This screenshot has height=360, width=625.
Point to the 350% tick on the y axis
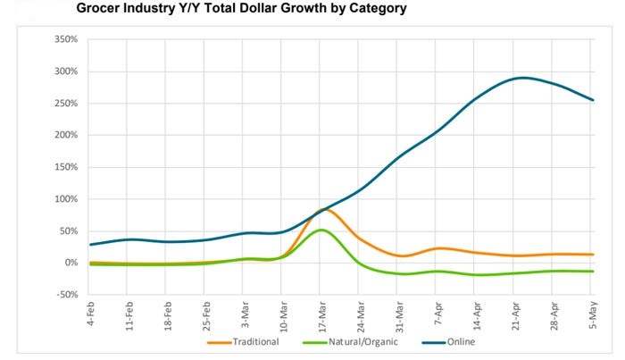(66, 40)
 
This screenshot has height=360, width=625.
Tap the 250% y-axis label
(66, 104)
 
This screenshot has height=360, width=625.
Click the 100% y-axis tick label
(66, 199)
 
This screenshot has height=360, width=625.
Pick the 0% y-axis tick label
(71, 263)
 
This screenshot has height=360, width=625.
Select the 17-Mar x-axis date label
(321, 314)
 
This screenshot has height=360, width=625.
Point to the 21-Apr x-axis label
(514, 314)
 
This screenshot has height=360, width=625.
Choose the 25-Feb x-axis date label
(204, 314)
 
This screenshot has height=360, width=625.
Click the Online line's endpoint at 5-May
(593, 100)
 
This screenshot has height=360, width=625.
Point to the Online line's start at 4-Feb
(90, 244)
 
